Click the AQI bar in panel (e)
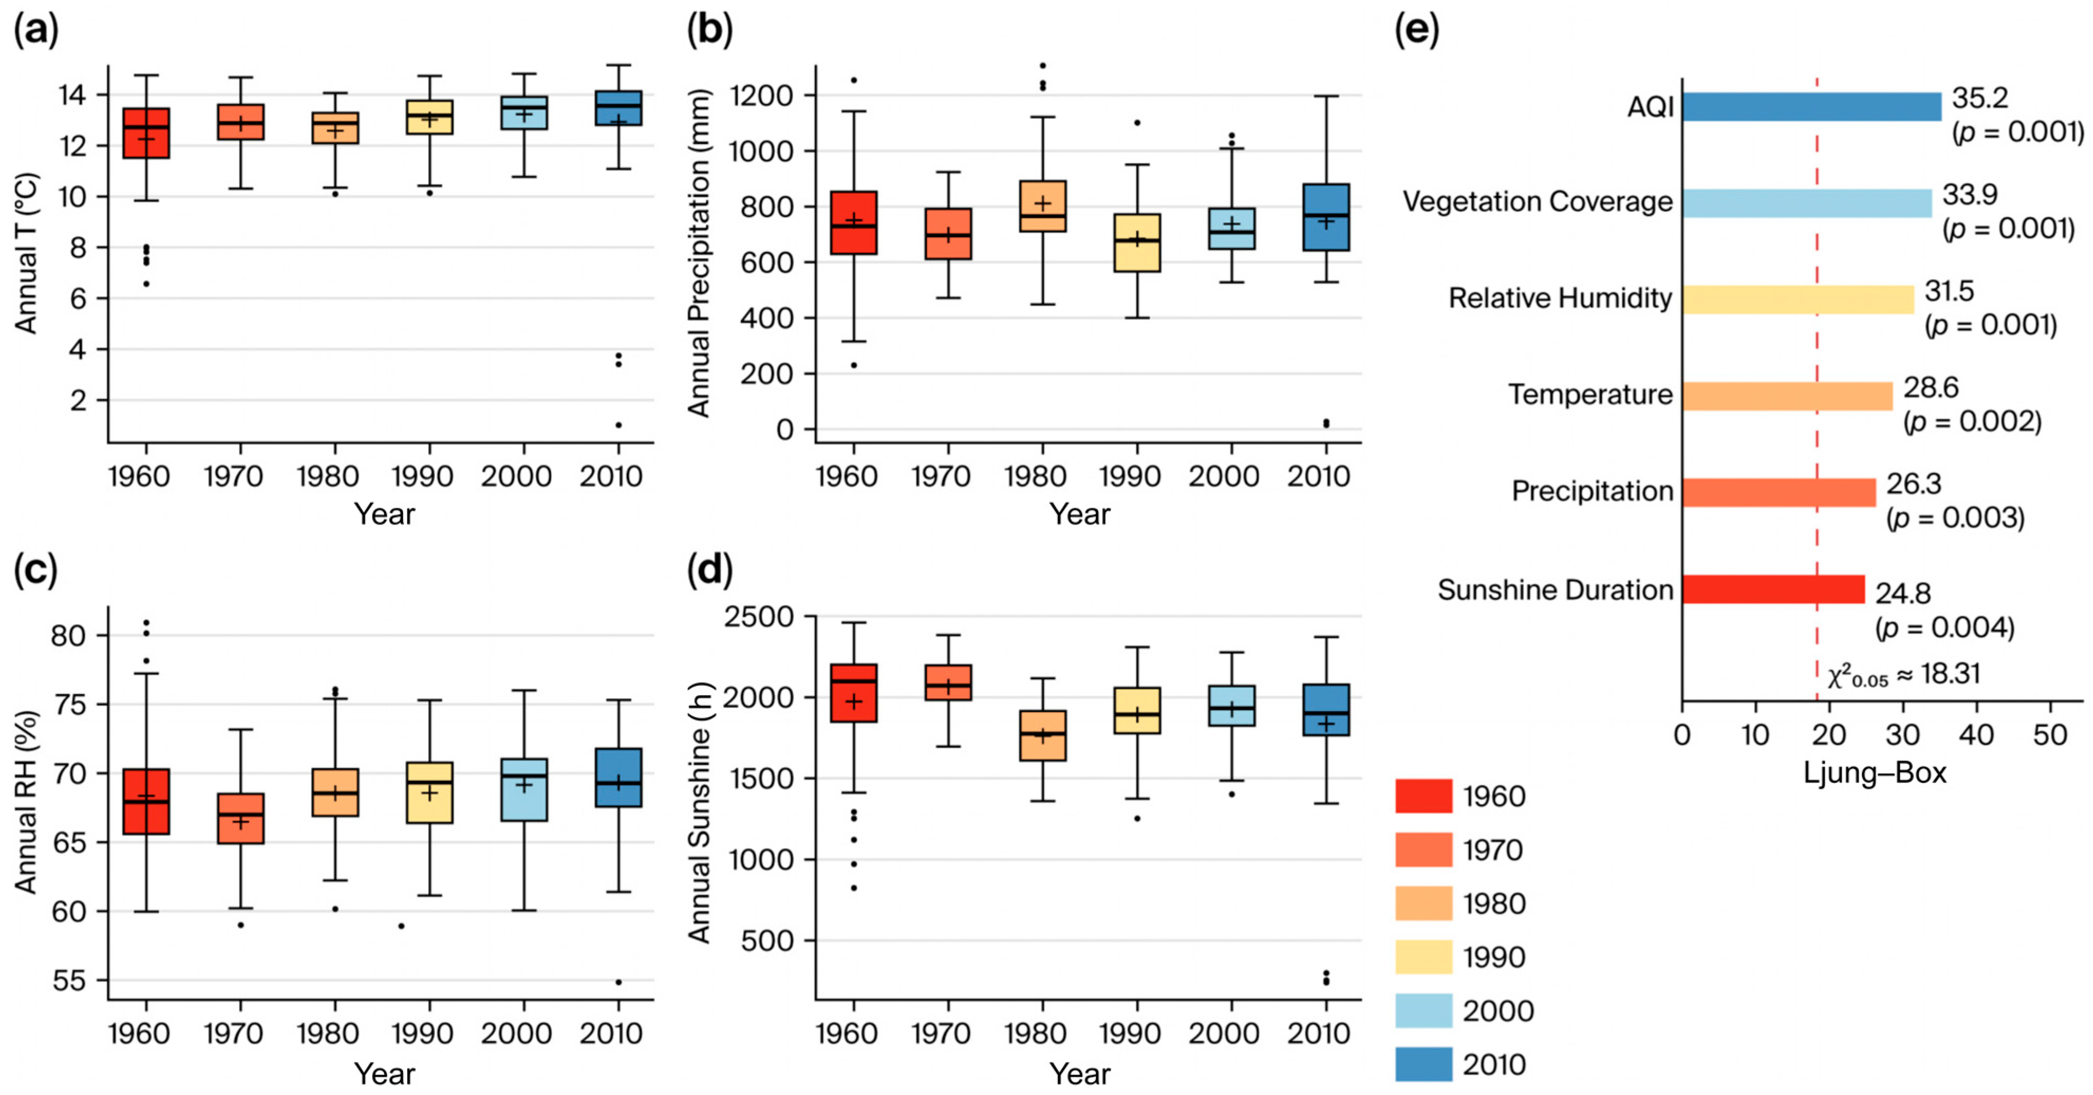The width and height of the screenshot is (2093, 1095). tap(1811, 107)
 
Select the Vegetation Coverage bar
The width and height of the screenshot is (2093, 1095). tap(1807, 203)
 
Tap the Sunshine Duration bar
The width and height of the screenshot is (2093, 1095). tap(1773, 589)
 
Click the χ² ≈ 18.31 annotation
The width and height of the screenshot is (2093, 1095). tap(1904, 675)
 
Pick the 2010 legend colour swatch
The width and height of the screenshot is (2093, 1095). tap(1423, 1064)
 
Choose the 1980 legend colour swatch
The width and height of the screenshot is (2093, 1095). tap(1423, 903)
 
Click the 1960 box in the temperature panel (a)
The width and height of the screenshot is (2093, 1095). tap(146, 133)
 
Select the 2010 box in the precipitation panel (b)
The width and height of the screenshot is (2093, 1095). tap(1326, 217)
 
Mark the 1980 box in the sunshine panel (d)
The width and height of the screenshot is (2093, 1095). tap(1043, 736)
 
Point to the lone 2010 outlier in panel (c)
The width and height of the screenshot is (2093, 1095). tap(618, 982)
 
